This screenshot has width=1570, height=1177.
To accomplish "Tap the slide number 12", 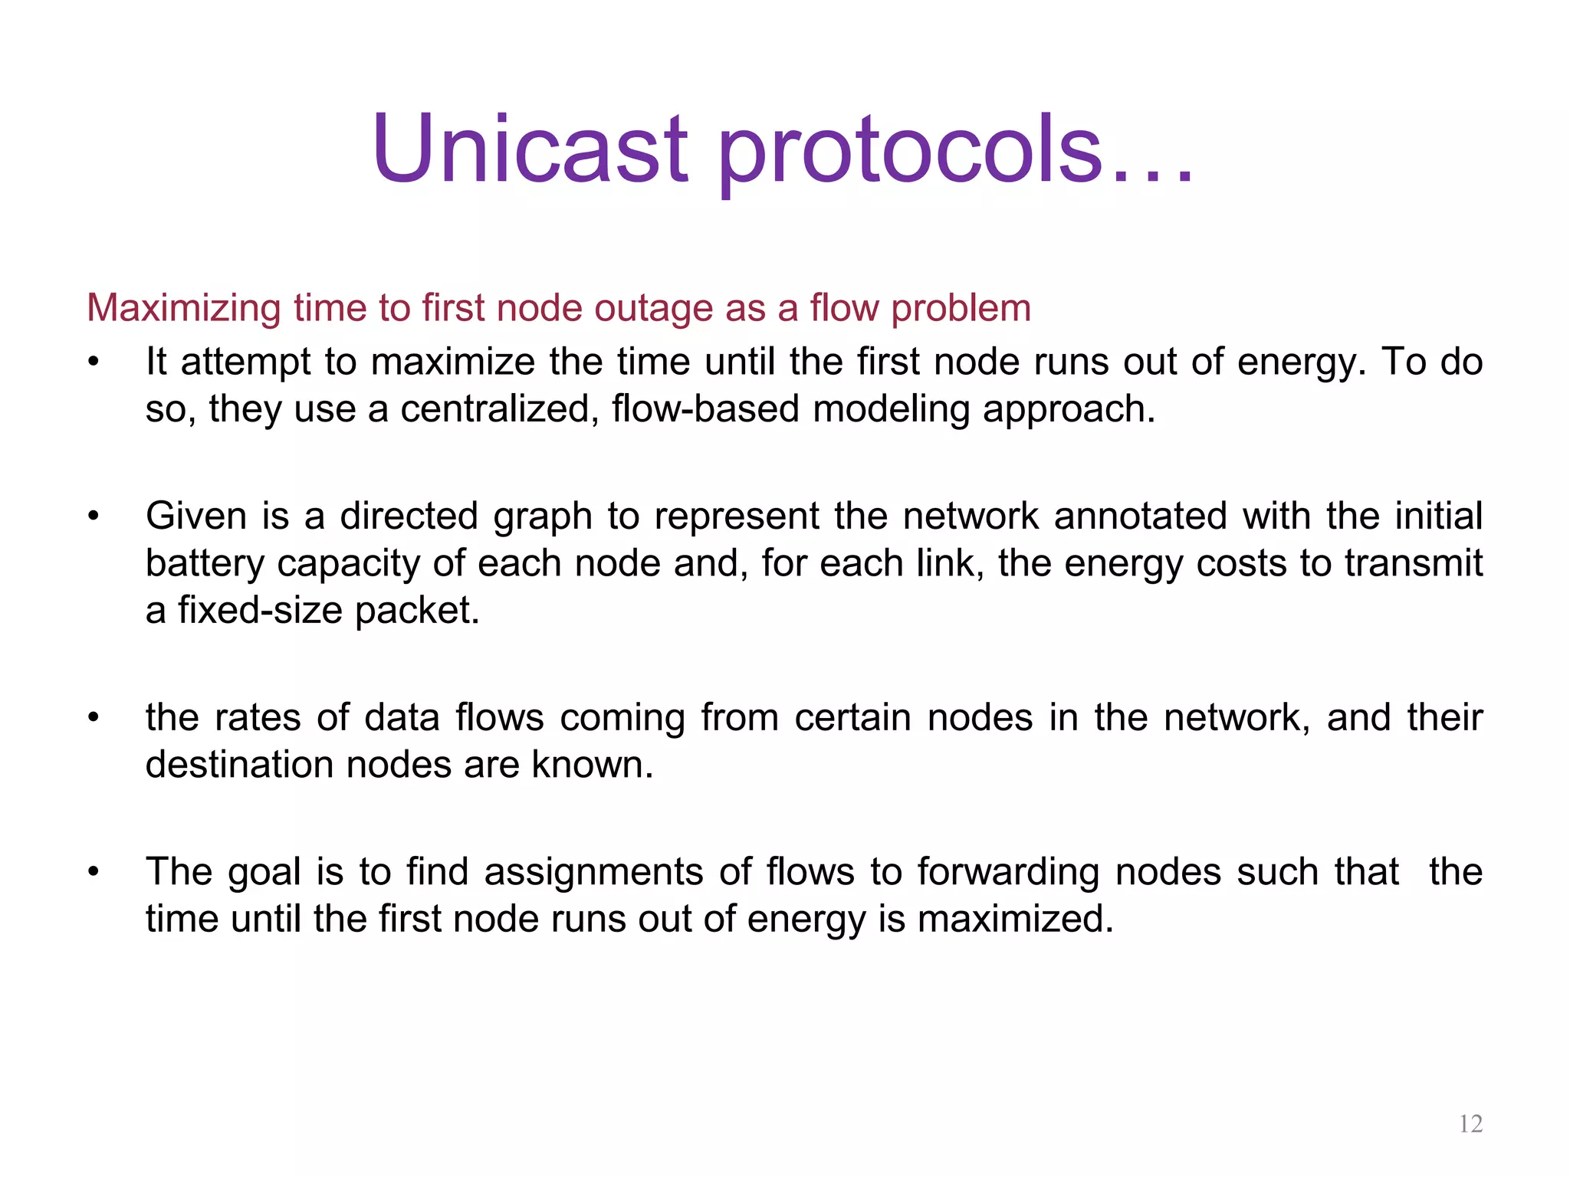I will pyautogui.click(x=1470, y=1124).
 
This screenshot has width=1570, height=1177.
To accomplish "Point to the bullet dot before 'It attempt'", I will pyautogui.click(x=94, y=362).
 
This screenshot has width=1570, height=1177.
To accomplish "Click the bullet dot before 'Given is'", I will pyautogui.click(x=94, y=516).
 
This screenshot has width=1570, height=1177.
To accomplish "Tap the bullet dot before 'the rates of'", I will pyautogui.click(x=94, y=718).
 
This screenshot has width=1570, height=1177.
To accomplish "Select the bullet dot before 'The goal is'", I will pyautogui.click(x=94, y=872).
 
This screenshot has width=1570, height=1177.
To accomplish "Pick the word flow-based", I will pyautogui.click(x=705, y=409).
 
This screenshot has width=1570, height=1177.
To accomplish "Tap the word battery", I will pyautogui.click(x=205, y=564).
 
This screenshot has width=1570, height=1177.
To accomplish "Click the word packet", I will pyautogui.click(x=417, y=611).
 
